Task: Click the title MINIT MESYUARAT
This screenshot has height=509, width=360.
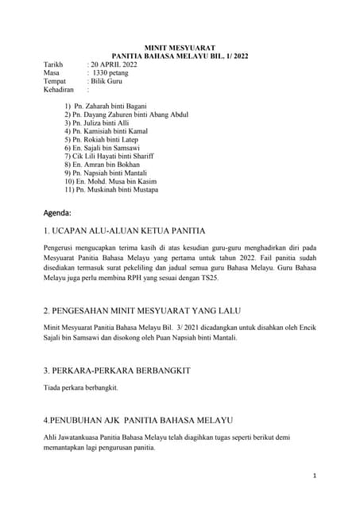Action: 180,48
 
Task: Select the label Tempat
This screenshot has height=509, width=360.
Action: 55,81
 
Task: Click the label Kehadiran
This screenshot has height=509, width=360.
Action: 60,90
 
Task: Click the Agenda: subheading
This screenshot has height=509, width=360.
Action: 57,213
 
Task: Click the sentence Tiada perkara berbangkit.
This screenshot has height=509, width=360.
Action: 80,388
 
